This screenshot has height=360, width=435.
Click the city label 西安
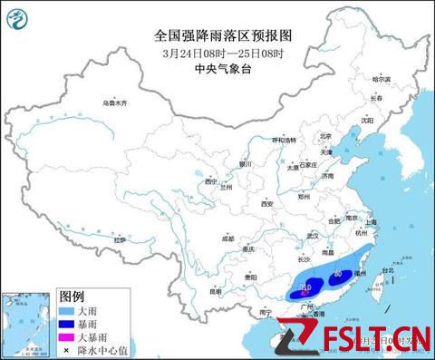point(267,204)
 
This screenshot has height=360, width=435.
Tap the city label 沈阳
point(367,119)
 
